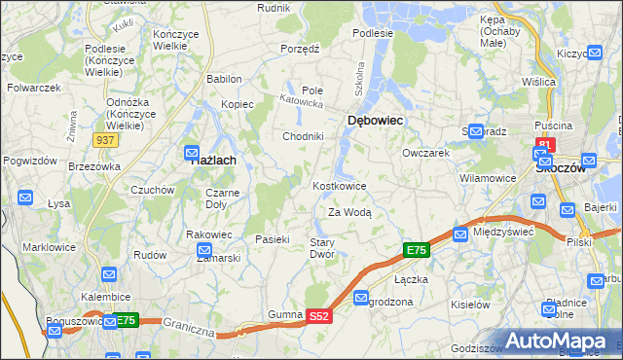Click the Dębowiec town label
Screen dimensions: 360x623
coord(376,120)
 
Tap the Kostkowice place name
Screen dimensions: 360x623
coord(340,186)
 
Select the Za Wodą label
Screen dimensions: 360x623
coord(349,212)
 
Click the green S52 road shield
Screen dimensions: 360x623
coord(320,316)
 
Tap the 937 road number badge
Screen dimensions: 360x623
coord(107,141)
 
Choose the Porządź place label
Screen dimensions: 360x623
coord(300,49)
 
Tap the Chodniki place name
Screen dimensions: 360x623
coord(303,136)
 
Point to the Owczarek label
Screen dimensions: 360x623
coord(425,153)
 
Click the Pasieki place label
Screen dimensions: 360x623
coord(274,239)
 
